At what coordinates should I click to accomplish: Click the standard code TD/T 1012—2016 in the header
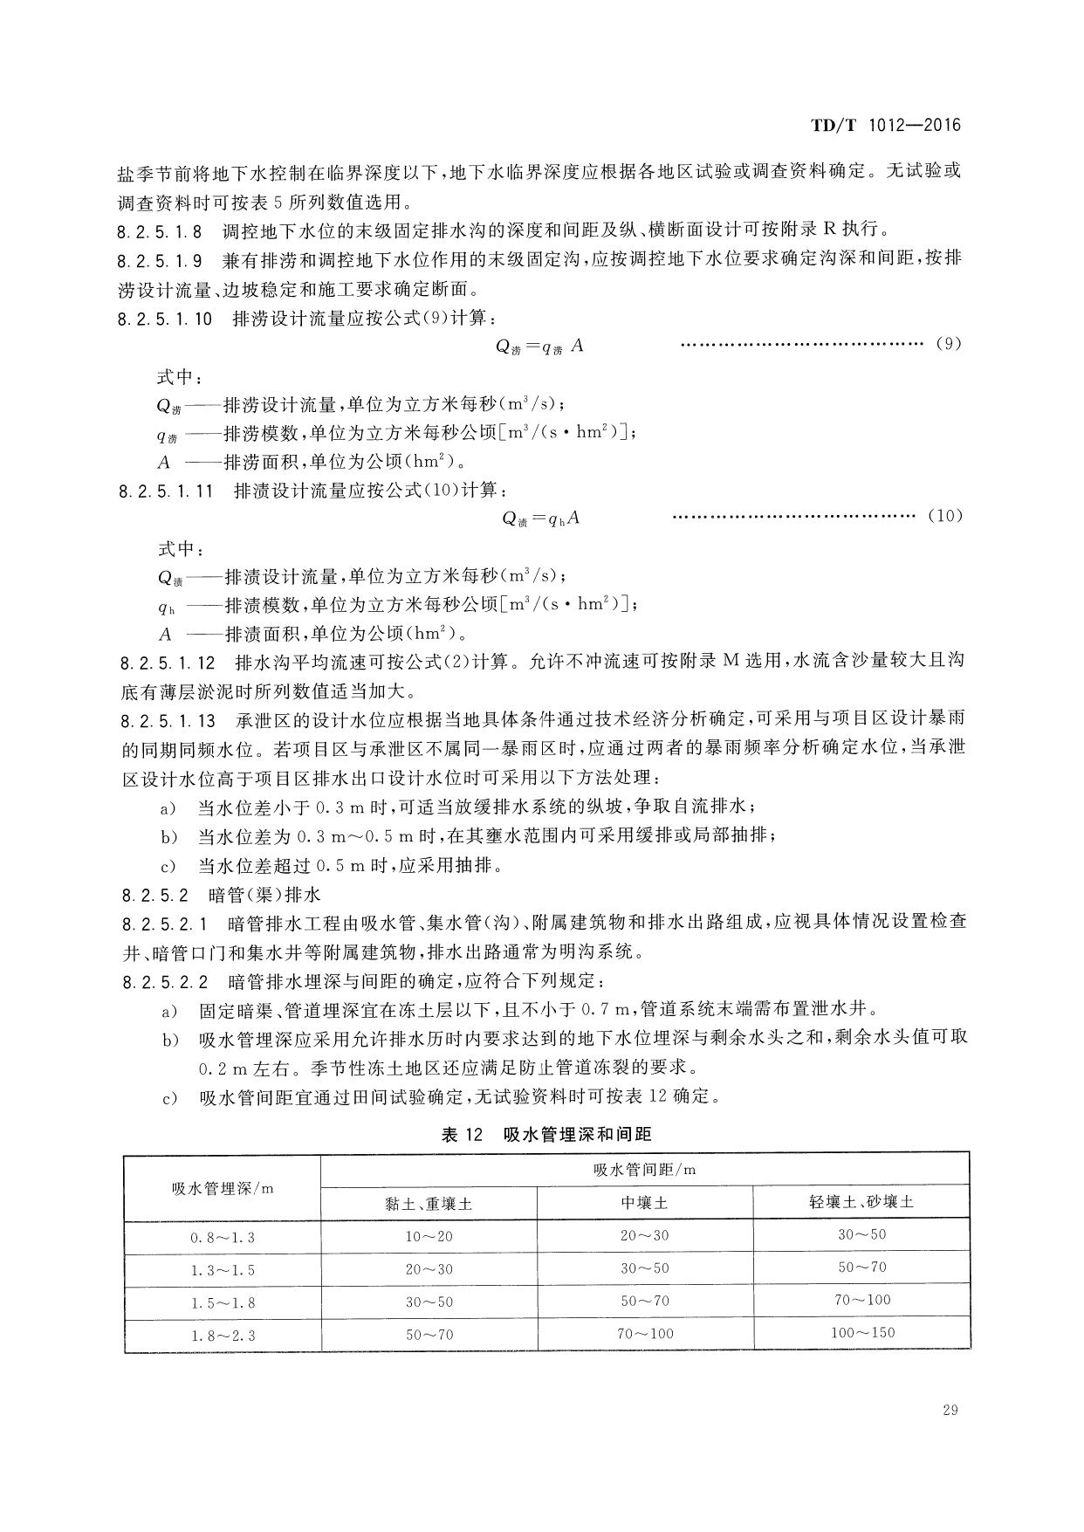885,125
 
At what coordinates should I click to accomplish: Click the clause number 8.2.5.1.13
167,720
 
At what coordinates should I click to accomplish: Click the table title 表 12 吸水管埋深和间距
546,1134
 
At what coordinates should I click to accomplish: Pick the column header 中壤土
644,1203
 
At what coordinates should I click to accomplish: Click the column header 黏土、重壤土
429,1203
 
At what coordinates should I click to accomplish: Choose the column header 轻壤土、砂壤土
861,1202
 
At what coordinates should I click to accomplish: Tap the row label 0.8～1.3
223,1237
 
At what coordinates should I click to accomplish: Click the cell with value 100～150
861,1332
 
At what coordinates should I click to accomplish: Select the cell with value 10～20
429,1236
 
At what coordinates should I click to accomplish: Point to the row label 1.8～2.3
223,1335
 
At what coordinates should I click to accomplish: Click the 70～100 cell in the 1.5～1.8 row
861,1300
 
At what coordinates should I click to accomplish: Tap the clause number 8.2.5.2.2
164,980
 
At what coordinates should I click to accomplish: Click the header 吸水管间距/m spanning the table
644,1170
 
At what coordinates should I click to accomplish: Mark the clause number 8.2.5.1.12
167,663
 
